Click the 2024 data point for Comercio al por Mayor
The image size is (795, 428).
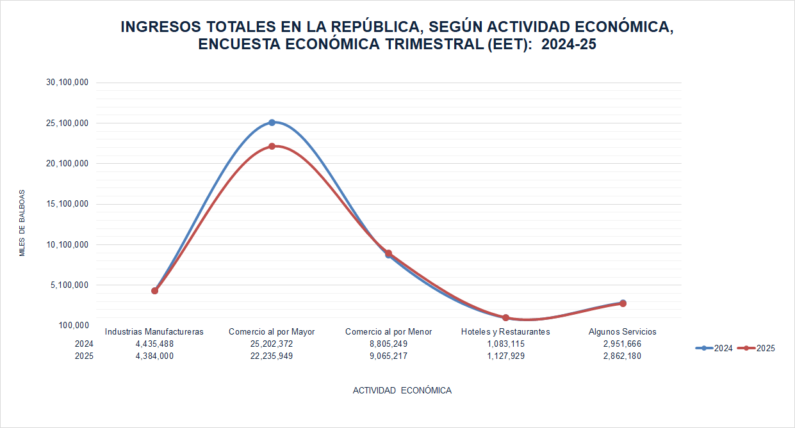[x=272, y=122]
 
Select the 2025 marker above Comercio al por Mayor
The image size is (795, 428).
[x=272, y=146]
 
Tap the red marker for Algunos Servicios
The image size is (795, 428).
[x=623, y=303]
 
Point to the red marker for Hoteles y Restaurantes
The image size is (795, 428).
[x=505, y=317]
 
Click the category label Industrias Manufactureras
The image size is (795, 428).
[x=154, y=332]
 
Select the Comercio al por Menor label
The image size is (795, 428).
[x=388, y=332]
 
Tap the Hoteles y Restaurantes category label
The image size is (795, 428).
[x=505, y=332]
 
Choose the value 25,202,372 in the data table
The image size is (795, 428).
[x=272, y=344]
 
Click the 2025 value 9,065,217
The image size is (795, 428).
[x=388, y=356]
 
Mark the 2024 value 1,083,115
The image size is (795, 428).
[x=505, y=344]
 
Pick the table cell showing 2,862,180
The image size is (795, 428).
[x=622, y=356]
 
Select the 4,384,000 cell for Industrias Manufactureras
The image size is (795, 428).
[x=154, y=356]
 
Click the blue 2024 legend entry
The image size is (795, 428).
[x=714, y=349]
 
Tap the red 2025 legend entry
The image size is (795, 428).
[x=757, y=349]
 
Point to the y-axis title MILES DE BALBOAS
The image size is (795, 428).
[x=22, y=223]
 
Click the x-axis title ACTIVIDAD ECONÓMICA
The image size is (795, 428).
[x=402, y=390]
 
